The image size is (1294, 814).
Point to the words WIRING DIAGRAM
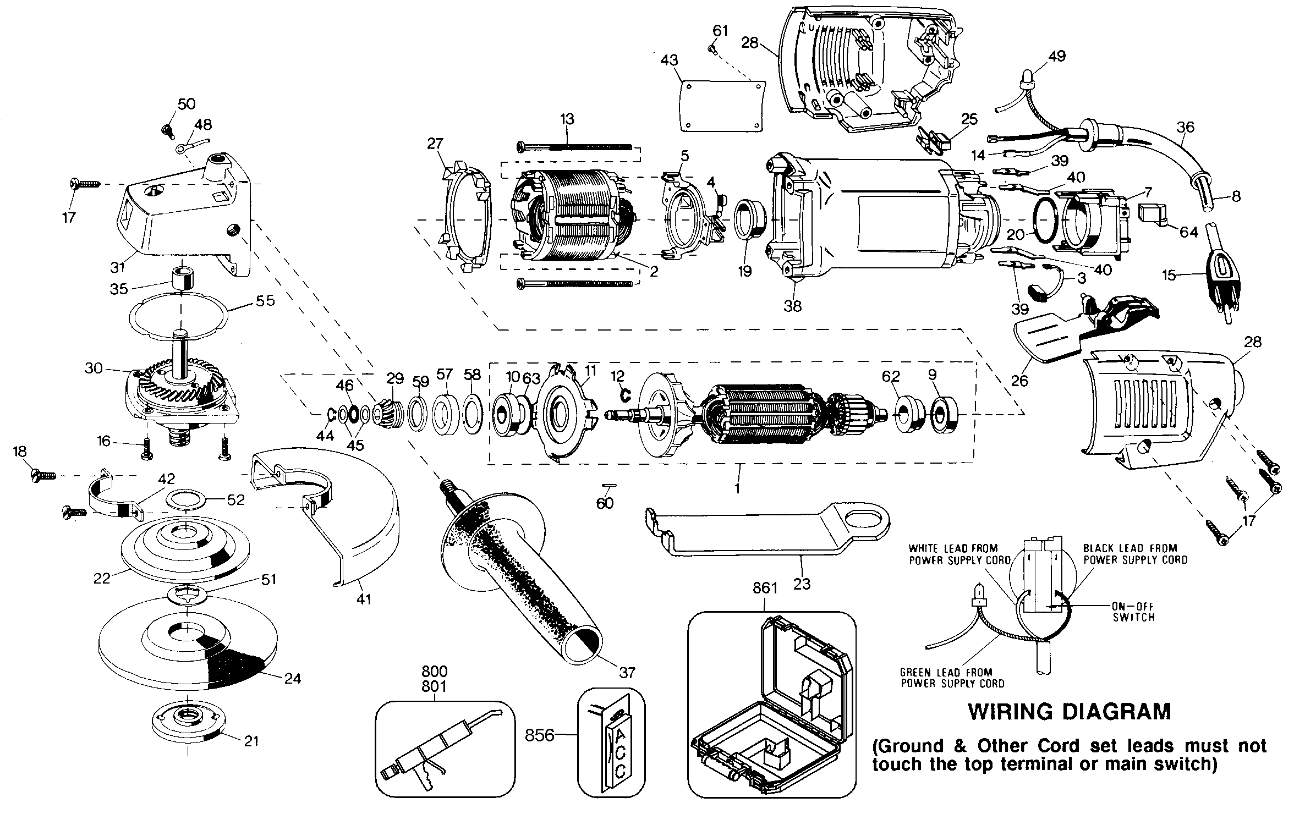click(1069, 712)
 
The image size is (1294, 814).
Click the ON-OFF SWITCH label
click(1133, 611)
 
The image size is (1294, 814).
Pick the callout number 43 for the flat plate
click(669, 60)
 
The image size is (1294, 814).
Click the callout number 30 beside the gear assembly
click(94, 368)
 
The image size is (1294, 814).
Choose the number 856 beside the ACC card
click(539, 735)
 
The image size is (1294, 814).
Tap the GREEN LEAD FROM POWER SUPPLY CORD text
click(952, 678)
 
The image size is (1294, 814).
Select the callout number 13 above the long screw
click(567, 119)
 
